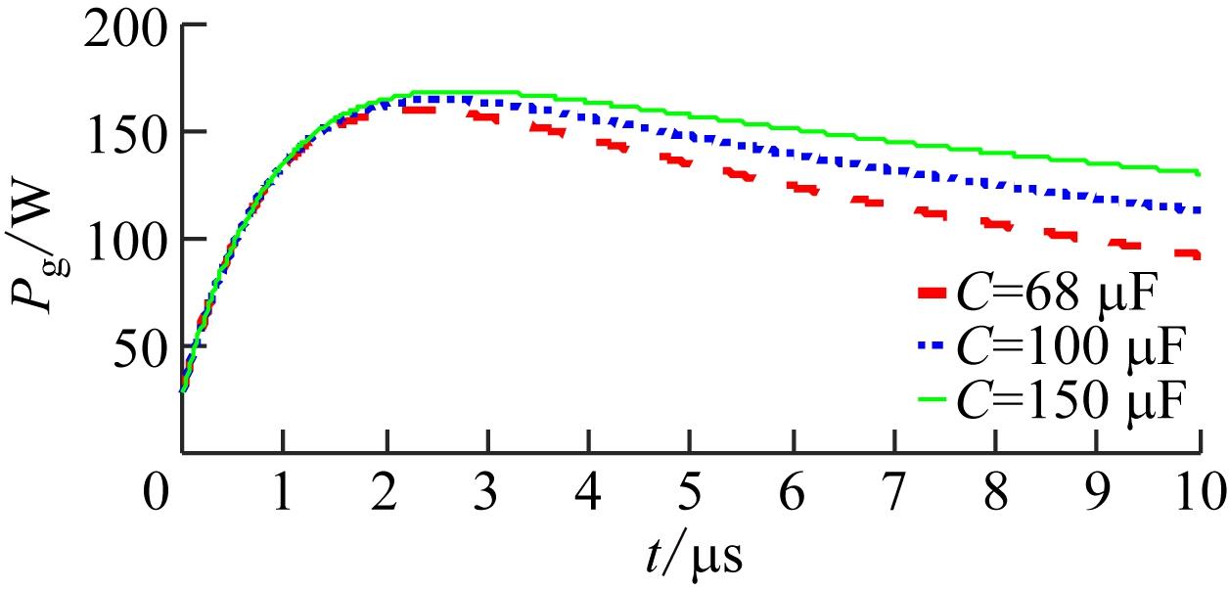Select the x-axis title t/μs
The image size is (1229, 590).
point(694,556)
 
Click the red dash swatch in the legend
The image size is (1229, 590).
point(934,292)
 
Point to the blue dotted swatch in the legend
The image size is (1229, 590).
point(934,345)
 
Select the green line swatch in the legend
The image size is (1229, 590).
point(934,399)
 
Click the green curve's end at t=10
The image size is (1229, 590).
point(1199,173)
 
